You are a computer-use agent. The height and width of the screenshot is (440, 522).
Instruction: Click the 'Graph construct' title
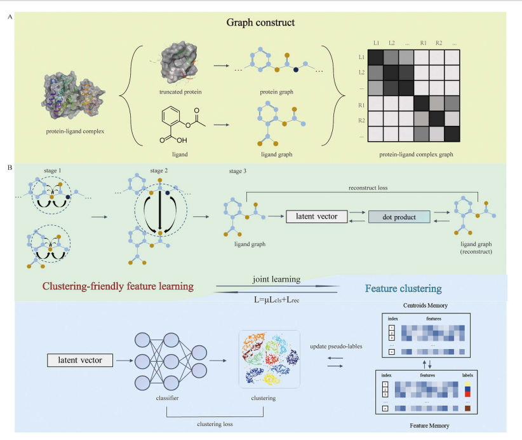260,24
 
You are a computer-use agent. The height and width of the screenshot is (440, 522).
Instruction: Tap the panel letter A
8,17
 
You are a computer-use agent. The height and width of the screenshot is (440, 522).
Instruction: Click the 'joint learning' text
276,277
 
